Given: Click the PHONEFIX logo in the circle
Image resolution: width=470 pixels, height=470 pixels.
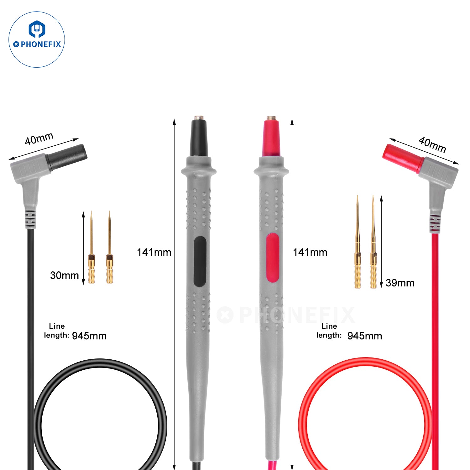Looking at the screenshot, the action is (x=37, y=39).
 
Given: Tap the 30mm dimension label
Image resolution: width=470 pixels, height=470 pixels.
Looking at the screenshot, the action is (x=65, y=275).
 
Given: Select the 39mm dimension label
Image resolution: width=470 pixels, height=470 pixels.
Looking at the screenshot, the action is (x=400, y=283).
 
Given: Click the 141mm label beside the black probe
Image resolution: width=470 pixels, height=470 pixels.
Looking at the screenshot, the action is (x=154, y=252).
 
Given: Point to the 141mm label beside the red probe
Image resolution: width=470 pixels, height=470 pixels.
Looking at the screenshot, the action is (x=310, y=252).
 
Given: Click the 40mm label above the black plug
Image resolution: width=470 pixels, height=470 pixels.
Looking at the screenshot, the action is (x=39, y=138).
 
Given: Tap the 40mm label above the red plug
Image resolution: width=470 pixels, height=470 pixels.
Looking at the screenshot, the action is (x=432, y=144).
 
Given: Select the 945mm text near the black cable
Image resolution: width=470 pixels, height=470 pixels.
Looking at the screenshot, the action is (x=89, y=336).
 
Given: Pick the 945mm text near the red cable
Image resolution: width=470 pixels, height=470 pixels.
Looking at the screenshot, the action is (x=365, y=336).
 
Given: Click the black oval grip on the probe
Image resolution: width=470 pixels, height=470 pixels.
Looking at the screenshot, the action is (x=200, y=261).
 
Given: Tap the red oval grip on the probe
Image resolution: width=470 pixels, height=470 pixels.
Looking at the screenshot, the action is (x=272, y=258).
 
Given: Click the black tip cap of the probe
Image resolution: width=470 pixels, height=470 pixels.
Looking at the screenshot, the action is (x=199, y=138).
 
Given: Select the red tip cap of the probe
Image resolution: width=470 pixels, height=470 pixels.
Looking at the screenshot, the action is (x=271, y=138).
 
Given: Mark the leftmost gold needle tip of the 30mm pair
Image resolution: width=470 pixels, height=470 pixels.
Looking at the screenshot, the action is (x=91, y=211).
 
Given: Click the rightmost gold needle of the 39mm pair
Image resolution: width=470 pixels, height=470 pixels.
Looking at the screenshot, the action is (x=373, y=242).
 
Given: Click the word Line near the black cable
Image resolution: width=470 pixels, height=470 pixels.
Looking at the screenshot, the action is (x=57, y=326).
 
